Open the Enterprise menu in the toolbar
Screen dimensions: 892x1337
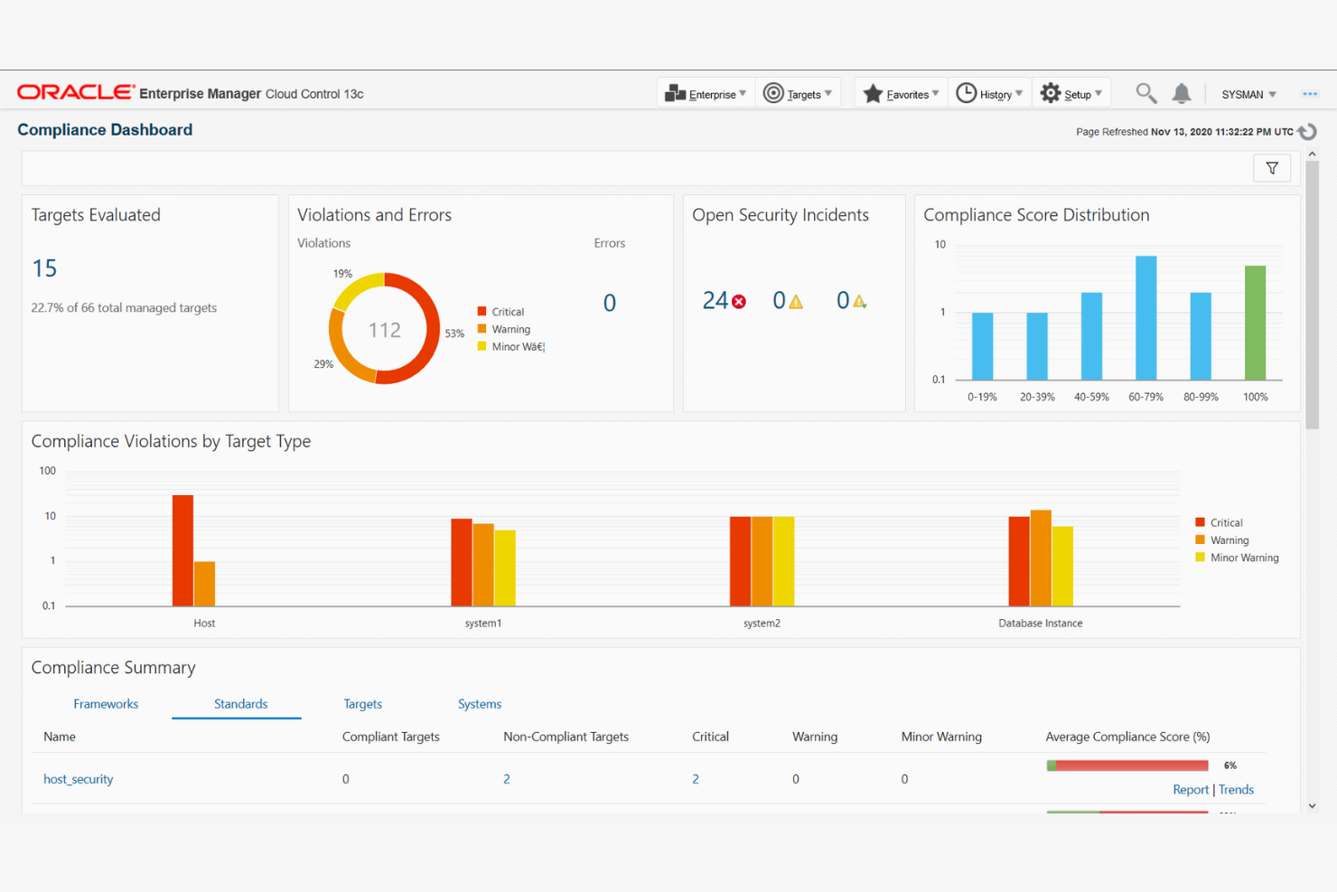coord(706,94)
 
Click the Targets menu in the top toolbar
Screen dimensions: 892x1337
coord(798,94)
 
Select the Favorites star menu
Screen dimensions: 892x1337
coord(901,94)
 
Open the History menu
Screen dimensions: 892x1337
coord(989,94)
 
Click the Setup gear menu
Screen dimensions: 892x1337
coord(1071,94)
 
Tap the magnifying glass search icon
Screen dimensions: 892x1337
coord(1145,93)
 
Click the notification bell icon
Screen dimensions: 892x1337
coord(1182,93)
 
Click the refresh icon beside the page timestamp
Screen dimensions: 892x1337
coord(1307,132)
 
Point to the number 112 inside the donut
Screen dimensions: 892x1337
coord(384,330)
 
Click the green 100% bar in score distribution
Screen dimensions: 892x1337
coord(1255,323)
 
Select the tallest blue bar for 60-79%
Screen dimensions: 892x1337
coord(1145,318)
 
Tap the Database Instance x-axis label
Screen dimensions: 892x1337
coord(1040,624)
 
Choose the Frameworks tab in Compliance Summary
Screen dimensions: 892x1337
coord(106,704)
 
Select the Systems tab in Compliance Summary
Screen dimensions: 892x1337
coord(479,704)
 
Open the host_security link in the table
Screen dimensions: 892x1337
coord(79,779)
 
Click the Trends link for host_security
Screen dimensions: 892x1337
coord(1236,790)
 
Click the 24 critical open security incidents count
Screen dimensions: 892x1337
coord(715,301)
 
